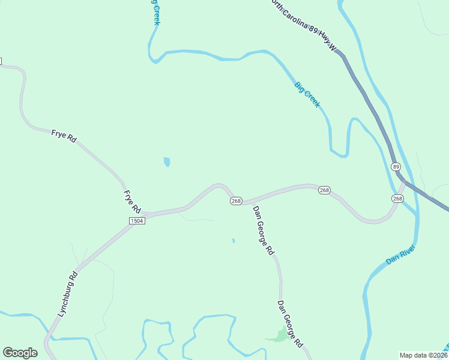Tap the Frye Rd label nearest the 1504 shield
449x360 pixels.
pos(132,202)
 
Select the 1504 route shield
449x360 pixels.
pos(137,221)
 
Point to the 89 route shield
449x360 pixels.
pos(395,166)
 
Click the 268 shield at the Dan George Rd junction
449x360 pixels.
pos(236,201)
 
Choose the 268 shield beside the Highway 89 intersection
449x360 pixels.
pos(397,199)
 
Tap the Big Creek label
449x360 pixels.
pos(307,95)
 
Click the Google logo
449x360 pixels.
pos(20,353)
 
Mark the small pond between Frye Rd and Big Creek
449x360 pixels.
pos(167,162)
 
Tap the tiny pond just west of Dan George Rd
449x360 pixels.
pos(234,241)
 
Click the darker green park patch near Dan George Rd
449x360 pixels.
pos(279,335)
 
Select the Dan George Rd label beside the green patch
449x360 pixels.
pos(289,325)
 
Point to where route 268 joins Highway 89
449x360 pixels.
pos(404,181)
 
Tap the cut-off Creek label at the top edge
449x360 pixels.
pos(155,12)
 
